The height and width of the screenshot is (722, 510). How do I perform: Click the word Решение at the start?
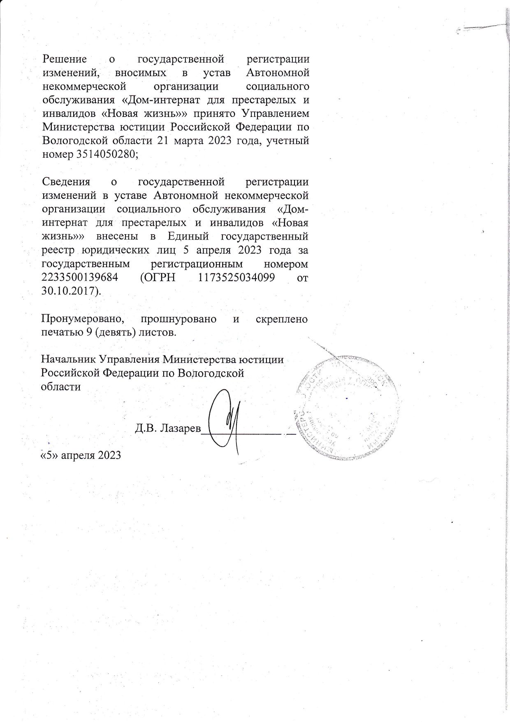point(65,59)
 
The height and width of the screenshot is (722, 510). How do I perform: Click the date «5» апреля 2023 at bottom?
point(81,455)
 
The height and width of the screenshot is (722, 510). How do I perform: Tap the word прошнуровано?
point(178,319)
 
